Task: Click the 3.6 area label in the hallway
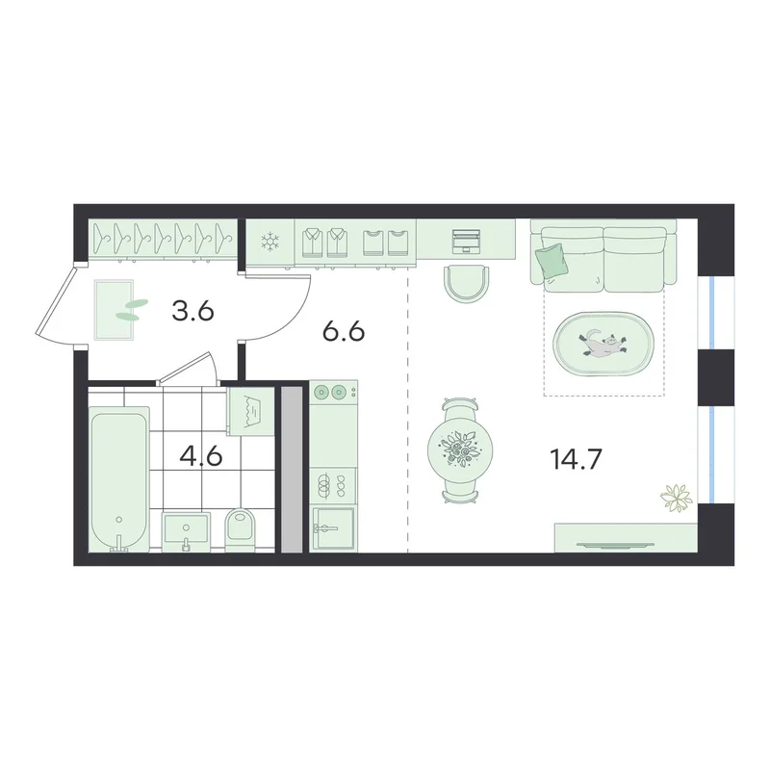(193, 311)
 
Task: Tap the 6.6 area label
(344, 332)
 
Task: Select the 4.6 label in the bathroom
(201, 456)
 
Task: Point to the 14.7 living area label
(576, 460)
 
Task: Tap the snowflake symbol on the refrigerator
(269, 243)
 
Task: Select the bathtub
(118, 479)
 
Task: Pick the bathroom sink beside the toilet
(186, 531)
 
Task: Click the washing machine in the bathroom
(251, 412)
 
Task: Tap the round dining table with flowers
(460, 450)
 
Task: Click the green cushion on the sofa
(551, 260)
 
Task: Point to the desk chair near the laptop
(467, 283)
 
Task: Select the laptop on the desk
(466, 240)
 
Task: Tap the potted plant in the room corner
(677, 499)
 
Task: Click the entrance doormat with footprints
(115, 310)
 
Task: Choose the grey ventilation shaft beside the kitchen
(293, 470)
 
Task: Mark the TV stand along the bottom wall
(626, 538)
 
